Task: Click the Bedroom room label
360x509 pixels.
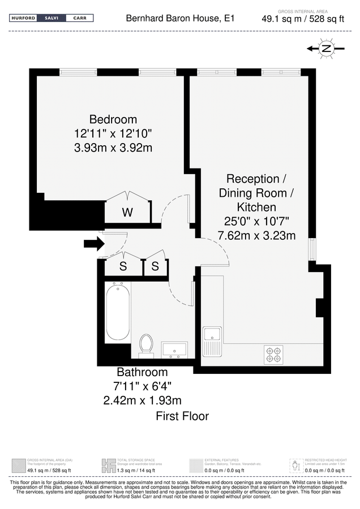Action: point(113,119)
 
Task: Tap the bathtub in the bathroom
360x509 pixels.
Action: point(117,311)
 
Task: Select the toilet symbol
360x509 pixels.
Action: point(146,344)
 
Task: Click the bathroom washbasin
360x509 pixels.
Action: point(174,350)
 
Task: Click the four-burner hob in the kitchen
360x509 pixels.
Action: point(273,354)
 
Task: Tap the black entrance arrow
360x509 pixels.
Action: point(93,244)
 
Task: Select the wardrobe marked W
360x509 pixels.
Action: point(128,212)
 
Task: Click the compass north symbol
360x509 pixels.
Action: point(325,49)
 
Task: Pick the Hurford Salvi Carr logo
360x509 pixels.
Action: point(52,18)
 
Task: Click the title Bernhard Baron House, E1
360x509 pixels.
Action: point(180,19)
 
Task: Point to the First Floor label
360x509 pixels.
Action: point(182,417)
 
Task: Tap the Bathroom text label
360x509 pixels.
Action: point(142,372)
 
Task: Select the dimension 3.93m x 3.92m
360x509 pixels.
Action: point(113,148)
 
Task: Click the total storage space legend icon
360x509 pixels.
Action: point(109,465)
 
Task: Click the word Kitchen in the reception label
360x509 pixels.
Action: point(256,207)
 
